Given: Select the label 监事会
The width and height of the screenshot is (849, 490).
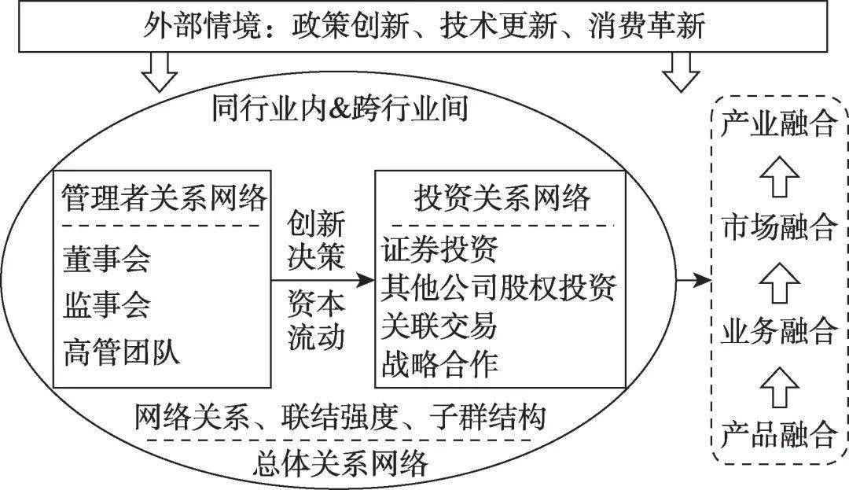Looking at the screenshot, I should tap(106, 304).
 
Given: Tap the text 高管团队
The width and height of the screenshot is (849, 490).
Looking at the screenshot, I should tap(122, 350).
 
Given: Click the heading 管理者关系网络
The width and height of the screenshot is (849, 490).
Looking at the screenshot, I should tap(164, 198).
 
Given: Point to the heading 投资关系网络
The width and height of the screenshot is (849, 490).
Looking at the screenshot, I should tap(501, 198).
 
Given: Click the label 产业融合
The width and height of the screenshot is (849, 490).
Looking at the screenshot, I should tap(777, 124).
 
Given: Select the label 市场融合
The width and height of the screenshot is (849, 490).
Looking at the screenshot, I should tap(777, 228).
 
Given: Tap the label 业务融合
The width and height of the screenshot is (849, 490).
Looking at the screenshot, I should tap(777, 331).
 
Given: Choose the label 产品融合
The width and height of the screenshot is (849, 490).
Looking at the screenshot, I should tap(777, 433).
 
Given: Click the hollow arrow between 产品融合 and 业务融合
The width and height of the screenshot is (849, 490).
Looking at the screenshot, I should tap(778, 383).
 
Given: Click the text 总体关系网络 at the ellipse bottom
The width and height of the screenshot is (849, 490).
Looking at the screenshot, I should tap(342, 463).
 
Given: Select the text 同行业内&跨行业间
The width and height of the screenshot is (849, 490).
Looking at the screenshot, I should tap(340, 109).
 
